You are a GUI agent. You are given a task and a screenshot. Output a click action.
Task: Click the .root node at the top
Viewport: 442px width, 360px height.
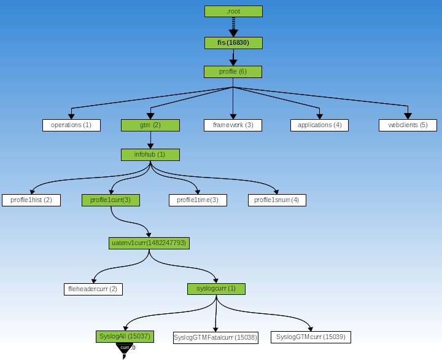coord(233,12)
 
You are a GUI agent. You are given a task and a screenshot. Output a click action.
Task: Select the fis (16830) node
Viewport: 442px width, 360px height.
coord(233,43)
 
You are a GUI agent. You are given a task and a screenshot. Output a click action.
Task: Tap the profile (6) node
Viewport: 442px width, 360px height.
coord(233,72)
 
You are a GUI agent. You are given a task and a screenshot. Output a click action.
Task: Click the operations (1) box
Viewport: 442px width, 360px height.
coord(71,125)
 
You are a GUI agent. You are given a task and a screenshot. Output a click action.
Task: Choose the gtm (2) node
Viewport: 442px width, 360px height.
coord(150,125)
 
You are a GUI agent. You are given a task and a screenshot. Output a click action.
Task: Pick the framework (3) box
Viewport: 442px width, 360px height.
coord(233,125)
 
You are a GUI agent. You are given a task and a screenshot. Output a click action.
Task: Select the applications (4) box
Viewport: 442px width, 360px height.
coord(319,125)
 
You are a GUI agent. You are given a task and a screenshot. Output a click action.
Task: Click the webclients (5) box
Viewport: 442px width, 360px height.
coord(408,125)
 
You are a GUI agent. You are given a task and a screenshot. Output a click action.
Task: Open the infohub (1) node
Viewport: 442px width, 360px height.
coord(150,155)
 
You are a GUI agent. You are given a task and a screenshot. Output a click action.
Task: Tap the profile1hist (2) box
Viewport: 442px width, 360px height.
coord(31,200)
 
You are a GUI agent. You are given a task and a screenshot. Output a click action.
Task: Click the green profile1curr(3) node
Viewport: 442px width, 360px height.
coord(110,200)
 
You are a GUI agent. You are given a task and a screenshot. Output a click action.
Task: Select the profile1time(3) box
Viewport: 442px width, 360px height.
coord(198,200)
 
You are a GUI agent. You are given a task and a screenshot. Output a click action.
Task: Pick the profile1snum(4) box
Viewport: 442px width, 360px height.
coord(277,200)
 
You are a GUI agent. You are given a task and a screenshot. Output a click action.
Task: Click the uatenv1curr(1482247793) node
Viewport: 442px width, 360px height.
coord(149,243)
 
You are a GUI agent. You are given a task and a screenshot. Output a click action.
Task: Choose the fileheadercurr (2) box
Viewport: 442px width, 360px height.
coord(93,289)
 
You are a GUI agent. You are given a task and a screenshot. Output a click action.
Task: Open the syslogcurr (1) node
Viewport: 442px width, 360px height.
coord(216,289)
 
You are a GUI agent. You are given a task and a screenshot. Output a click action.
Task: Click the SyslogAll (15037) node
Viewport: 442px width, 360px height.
coord(125,337)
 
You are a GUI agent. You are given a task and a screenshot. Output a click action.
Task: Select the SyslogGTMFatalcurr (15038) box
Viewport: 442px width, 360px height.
coord(215,337)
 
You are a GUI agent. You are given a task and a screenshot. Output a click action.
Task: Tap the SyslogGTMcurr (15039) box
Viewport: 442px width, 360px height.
coord(311,337)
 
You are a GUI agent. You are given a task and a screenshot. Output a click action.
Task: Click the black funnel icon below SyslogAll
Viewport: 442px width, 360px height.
coord(124,348)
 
